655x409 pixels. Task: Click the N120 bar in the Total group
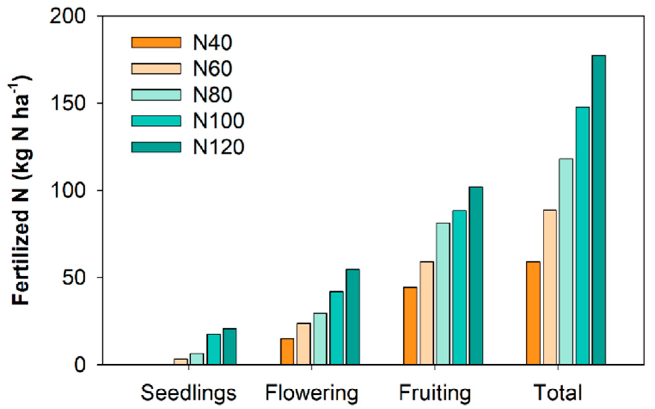[599, 210]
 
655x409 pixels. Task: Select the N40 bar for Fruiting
[410, 326]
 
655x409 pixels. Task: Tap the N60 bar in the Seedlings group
[181, 362]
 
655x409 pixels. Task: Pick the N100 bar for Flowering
[336, 328]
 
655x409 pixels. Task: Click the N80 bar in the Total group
[566, 261]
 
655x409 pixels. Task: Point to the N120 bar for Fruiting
[476, 276]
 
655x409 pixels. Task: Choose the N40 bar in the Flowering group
[287, 351]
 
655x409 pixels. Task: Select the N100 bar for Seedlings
[213, 349]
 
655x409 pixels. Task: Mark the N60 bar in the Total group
[550, 287]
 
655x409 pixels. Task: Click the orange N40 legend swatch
[156, 43]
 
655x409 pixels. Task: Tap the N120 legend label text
[218, 147]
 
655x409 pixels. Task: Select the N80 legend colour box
[156, 95]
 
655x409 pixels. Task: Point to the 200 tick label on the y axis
[68, 16]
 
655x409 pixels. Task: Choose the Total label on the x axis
[558, 393]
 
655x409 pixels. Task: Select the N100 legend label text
[218, 121]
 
